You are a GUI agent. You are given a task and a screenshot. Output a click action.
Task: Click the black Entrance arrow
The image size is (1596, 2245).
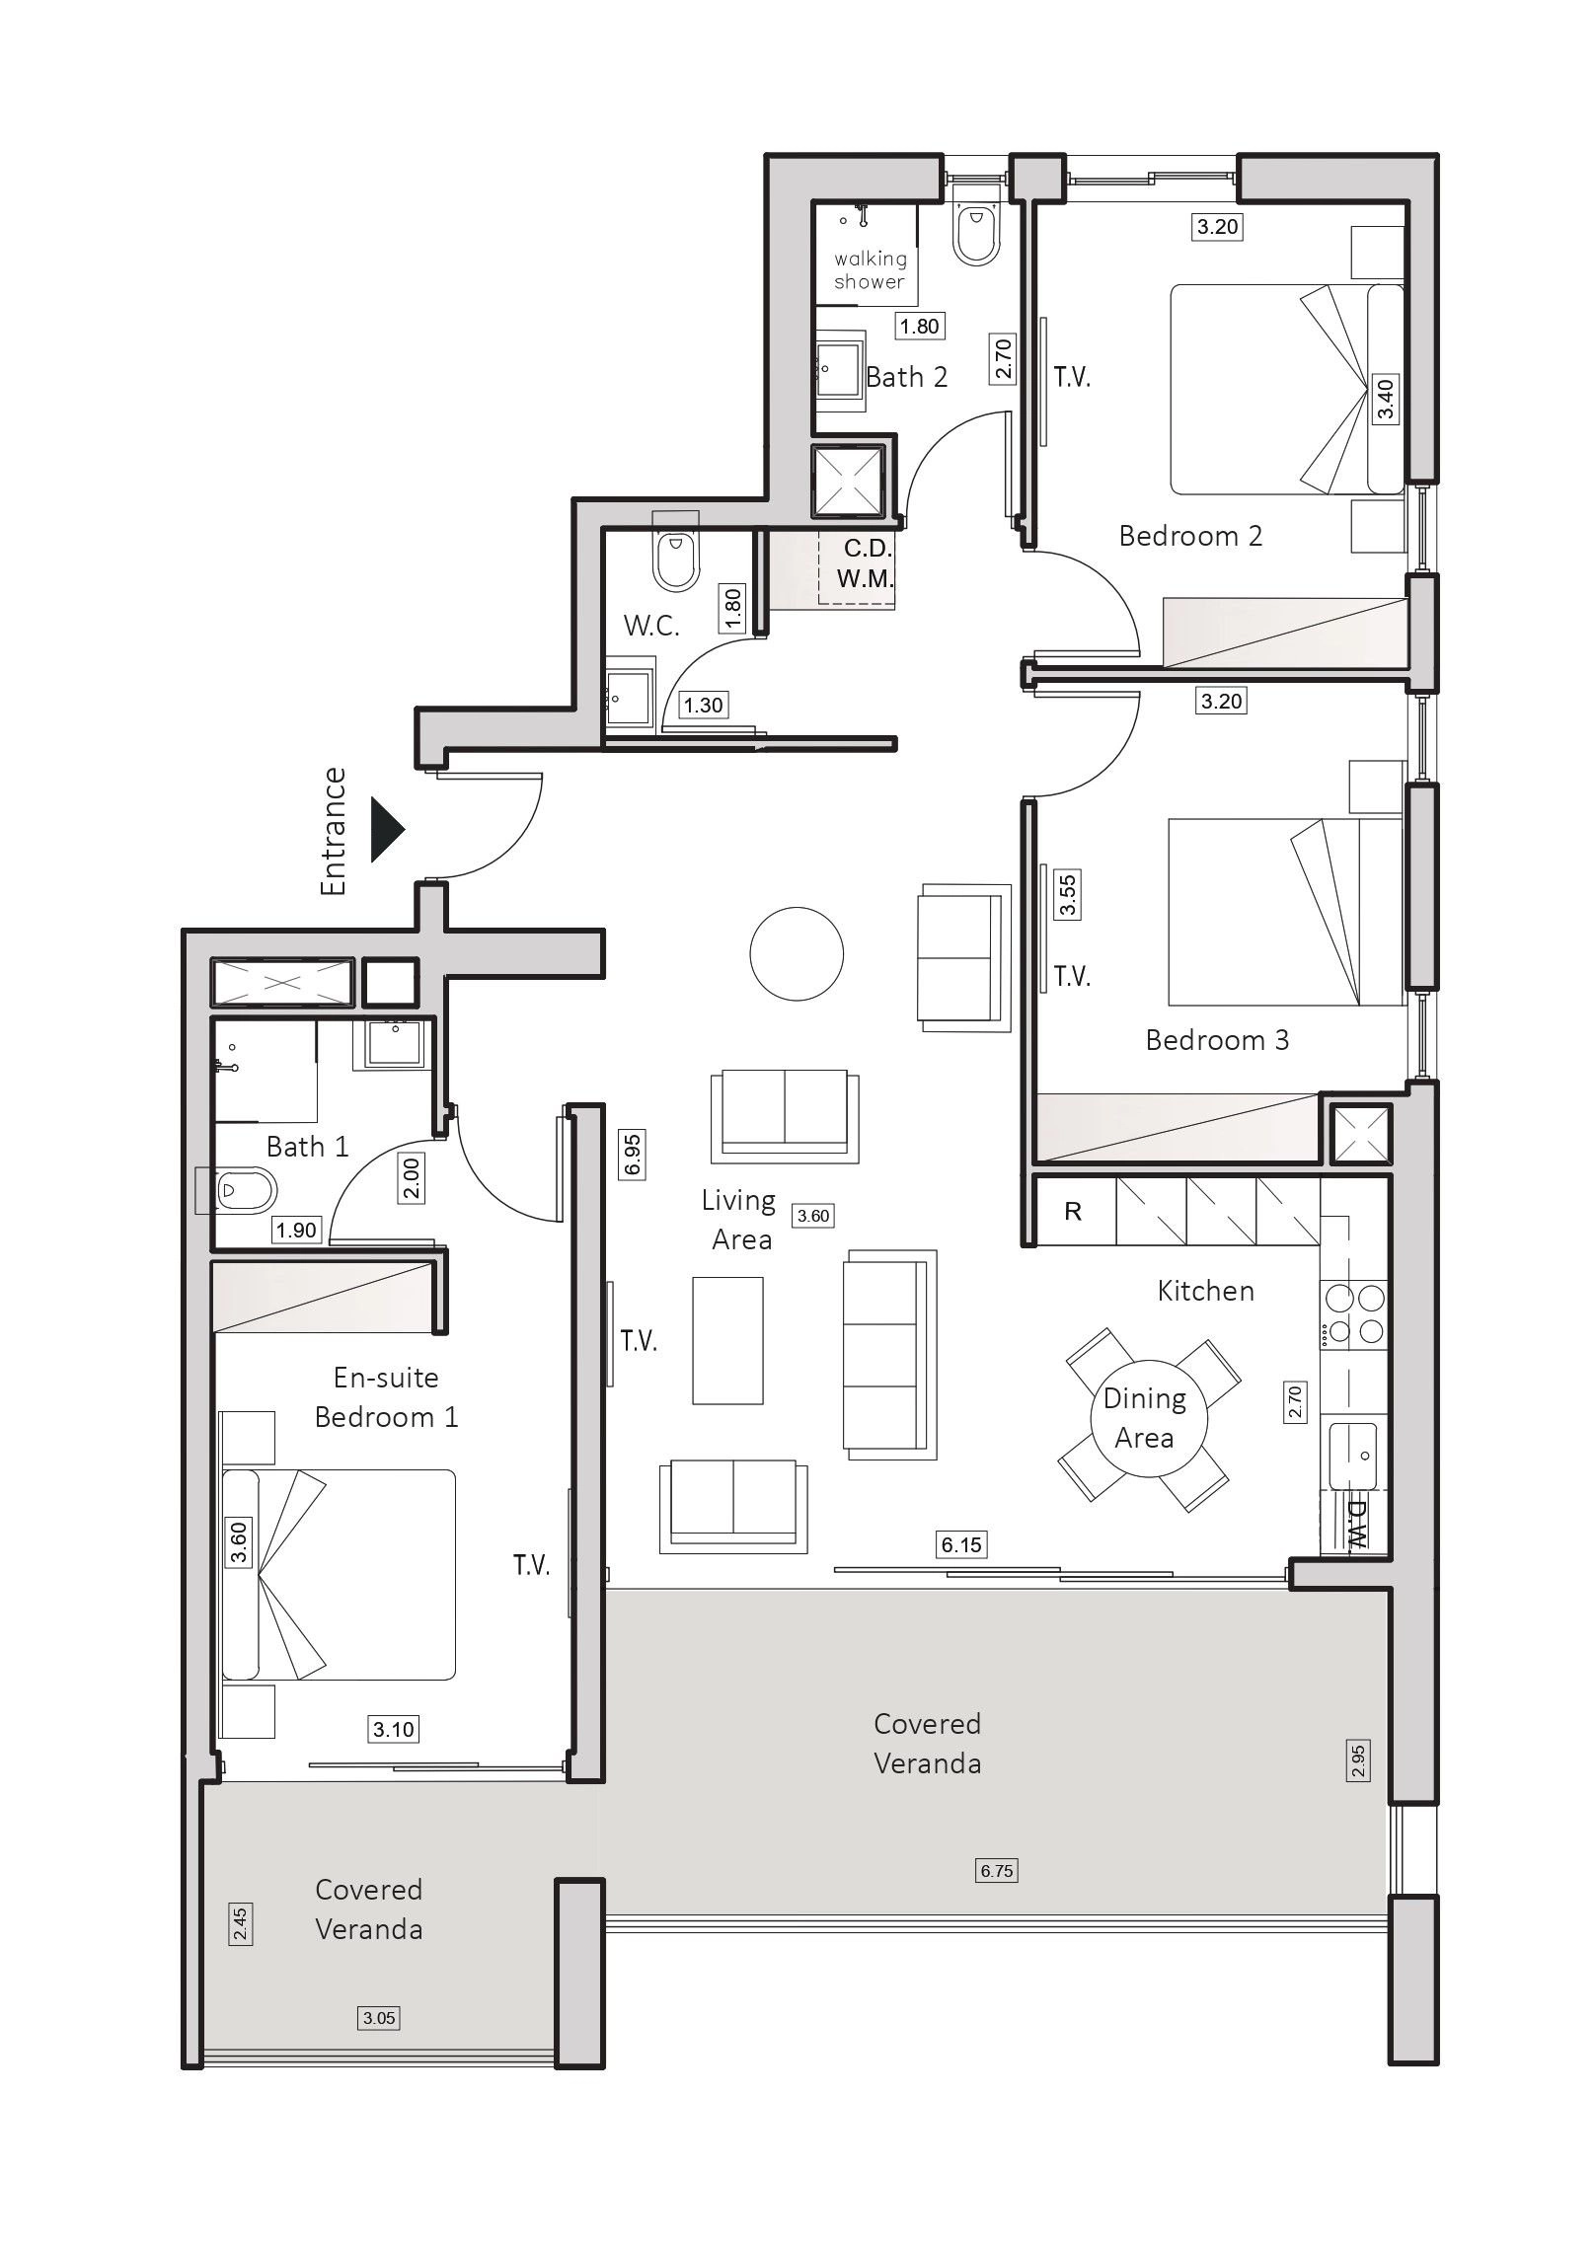(x=388, y=830)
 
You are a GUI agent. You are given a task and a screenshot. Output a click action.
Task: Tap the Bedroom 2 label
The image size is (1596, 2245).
(x=1190, y=536)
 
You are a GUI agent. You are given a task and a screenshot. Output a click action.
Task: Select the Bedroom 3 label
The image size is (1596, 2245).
(x=1217, y=1039)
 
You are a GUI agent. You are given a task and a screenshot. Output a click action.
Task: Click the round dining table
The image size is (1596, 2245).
(x=1148, y=1419)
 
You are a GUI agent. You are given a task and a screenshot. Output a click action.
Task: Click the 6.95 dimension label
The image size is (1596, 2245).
(x=633, y=1154)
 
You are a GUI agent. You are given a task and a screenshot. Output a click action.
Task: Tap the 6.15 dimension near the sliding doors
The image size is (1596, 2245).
(x=961, y=1544)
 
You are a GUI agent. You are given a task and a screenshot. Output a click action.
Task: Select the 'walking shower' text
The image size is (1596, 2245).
(x=870, y=270)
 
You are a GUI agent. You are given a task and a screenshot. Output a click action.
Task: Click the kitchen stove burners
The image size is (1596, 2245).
(x=1354, y=1315)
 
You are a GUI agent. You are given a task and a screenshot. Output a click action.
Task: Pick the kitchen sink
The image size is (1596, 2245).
(x=1356, y=1456)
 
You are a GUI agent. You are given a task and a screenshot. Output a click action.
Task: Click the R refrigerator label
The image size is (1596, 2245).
(x=1073, y=1211)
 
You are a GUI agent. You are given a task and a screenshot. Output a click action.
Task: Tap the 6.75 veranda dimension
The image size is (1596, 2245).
(x=996, y=1870)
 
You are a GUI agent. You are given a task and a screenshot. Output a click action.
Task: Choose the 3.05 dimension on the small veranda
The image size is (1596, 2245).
(x=379, y=2018)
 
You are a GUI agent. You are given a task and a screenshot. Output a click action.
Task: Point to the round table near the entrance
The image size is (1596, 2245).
(x=797, y=954)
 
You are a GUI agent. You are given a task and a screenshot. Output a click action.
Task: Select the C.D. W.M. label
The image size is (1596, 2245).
(x=866, y=564)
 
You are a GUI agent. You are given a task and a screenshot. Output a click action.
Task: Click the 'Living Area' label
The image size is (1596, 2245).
(x=739, y=1220)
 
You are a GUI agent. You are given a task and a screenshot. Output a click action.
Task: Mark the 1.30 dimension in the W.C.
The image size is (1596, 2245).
(x=704, y=705)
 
